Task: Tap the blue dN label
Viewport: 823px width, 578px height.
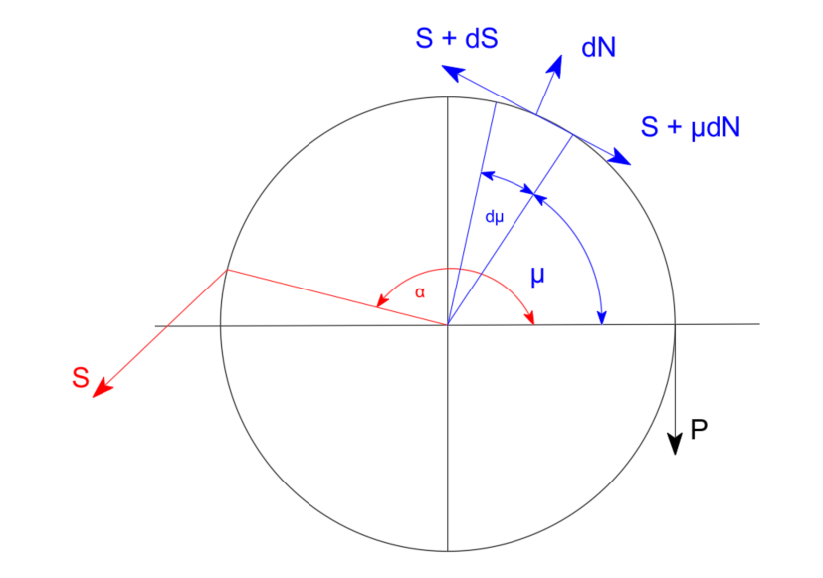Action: coord(598,47)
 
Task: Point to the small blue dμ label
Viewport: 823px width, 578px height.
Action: coord(494,217)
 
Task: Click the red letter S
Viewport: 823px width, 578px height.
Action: coord(81,378)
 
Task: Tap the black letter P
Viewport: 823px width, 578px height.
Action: coord(699,430)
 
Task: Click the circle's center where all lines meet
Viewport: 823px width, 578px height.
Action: coord(448,324)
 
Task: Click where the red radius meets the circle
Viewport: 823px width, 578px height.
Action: coord(227,270)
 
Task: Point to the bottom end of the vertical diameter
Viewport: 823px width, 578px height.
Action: coord(448,551)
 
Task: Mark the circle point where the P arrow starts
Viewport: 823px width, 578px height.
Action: coord(676,324)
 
